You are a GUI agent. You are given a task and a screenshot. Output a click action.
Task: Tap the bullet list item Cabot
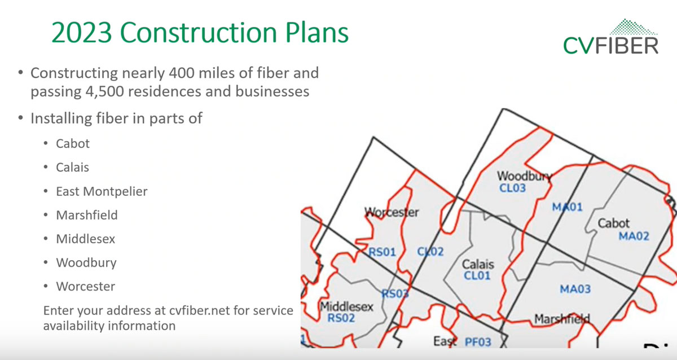pos(73,143)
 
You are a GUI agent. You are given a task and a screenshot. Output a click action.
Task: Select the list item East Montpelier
pos(102,191)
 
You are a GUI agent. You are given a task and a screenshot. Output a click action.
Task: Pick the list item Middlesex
pos(85,239)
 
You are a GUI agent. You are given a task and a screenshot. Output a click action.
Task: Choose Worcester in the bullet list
pos(85,286)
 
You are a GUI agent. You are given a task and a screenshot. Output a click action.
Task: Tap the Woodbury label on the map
pos(524,176)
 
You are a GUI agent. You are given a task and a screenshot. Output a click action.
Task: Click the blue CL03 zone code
pos(512,187)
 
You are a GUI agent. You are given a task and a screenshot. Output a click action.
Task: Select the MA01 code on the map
pos(567,207)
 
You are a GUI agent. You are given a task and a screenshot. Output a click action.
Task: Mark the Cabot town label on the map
pos(614,223)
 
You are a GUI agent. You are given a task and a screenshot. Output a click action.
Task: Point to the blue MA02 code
pos(634,236)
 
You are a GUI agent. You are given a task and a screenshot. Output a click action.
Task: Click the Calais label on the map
pos(478,264)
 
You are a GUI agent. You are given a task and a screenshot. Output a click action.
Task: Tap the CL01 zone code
pos(477,275)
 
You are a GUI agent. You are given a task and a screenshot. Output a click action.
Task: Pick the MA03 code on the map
pos(575,289)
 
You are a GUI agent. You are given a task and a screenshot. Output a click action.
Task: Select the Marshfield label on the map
pos(562,318)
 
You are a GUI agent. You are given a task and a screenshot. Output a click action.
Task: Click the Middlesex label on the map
pos(347,306)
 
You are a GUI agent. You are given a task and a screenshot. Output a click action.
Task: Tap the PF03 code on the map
pos(478,341)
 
